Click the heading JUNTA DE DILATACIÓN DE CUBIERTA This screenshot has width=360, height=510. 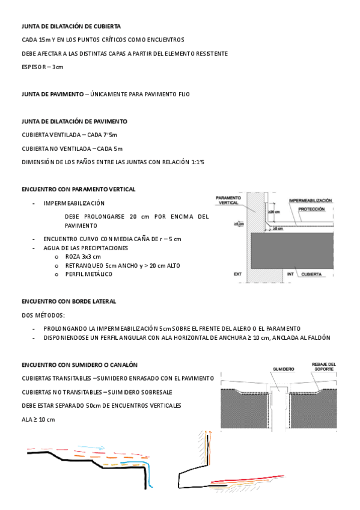pos(71,26)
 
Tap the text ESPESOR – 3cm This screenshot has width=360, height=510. pos(42,67)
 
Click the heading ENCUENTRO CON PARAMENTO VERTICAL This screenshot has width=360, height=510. pos(78,189)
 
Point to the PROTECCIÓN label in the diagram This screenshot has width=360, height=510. pos(311,209)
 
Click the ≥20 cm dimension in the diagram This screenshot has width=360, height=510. pos(274,212)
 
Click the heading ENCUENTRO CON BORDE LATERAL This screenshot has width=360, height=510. pos(69,301)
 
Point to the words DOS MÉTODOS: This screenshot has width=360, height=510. pos(43,315)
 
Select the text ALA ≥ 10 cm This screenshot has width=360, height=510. pos(38,419)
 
